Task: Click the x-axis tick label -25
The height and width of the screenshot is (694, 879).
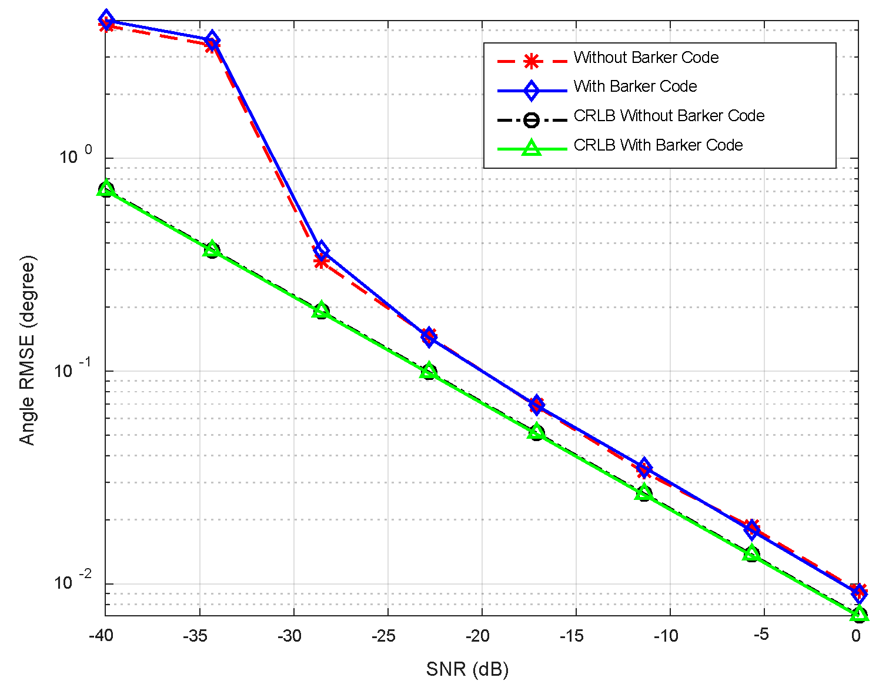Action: click(383, 636)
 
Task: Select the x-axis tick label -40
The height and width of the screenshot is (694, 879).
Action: click(101, 636)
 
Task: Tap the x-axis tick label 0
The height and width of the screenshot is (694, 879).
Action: click(855, 636)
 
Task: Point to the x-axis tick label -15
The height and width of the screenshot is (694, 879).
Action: click(571, 636)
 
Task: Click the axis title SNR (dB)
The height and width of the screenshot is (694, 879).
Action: click(467, 669)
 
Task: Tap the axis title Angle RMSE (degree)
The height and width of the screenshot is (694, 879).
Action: click(27, 351)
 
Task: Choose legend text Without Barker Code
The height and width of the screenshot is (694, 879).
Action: click(646, 58)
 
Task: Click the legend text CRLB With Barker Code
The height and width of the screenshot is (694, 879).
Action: click(658, 145)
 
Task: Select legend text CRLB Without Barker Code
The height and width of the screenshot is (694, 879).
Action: click(669, 116)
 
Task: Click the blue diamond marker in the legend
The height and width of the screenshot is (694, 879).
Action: click(532, 90)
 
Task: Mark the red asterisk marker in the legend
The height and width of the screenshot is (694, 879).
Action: click(532, 61)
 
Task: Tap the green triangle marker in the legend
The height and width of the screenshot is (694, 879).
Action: click(532, 148)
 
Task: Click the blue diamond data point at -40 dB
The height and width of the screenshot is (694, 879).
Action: click(106, 19)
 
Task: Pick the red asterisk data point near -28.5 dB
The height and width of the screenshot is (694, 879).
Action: click(320, 261)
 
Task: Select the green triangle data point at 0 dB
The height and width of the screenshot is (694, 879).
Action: click(859, 613)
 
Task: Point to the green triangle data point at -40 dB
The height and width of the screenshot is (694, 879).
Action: click(106, 188)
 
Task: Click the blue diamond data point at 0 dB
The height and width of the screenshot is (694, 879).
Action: click(859, 592)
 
